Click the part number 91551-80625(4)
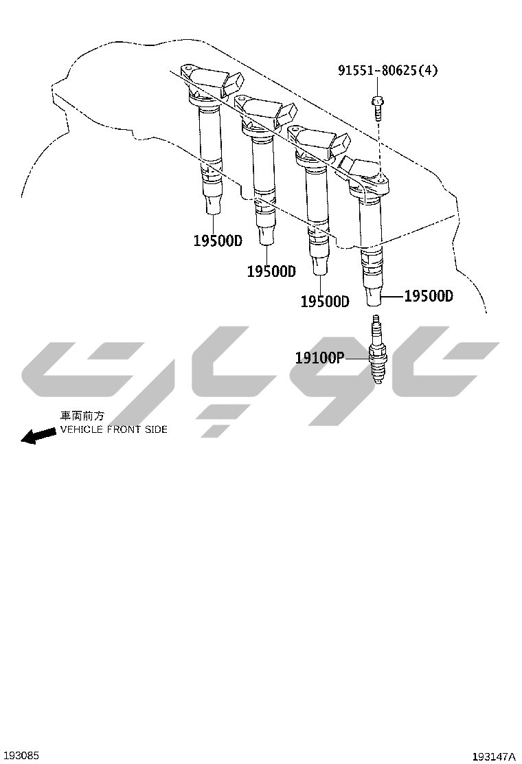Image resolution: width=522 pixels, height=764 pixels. [387, 71]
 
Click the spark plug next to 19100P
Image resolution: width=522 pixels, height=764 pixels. [376, 348]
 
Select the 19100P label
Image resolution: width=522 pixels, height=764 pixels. [319, 358]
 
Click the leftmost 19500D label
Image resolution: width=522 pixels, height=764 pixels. [218, 240]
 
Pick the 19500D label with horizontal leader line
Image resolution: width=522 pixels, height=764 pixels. [429, 295]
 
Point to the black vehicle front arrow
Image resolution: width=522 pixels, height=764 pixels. [38, 435]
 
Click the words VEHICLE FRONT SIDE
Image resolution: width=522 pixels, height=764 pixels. [114, 429]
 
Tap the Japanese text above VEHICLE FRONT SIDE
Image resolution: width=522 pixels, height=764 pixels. [82, 416]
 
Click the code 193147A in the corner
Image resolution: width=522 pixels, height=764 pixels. [493, 756]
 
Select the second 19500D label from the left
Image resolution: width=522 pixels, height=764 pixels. [271, 271]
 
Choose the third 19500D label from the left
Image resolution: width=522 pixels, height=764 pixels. [325, 301]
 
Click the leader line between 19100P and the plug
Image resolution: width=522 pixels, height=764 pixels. [356, 358]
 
